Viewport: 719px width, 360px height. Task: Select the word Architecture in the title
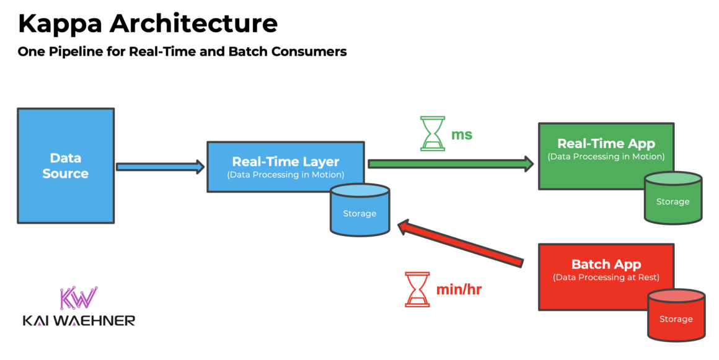pos(193,24)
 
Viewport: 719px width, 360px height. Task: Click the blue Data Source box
pos(65,165)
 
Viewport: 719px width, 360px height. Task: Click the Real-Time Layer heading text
pos(285,162)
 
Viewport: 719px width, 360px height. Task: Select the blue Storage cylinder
pos(359,211)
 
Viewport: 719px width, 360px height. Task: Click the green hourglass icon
pos(433,133)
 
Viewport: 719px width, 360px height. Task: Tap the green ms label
pos(462,134)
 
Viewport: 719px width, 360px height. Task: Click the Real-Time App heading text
pos(606,144)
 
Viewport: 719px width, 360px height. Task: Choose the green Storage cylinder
pos(673,198)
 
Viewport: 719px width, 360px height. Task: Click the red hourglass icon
pos(417,289)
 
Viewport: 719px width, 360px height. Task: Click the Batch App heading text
pos(606,265)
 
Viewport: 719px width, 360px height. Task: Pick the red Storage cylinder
pos(676,315)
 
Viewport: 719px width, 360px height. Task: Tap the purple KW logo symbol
pos(79,298)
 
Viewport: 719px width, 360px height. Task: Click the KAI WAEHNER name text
pos(79,320)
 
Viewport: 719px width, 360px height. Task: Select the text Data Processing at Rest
pos(606,278)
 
